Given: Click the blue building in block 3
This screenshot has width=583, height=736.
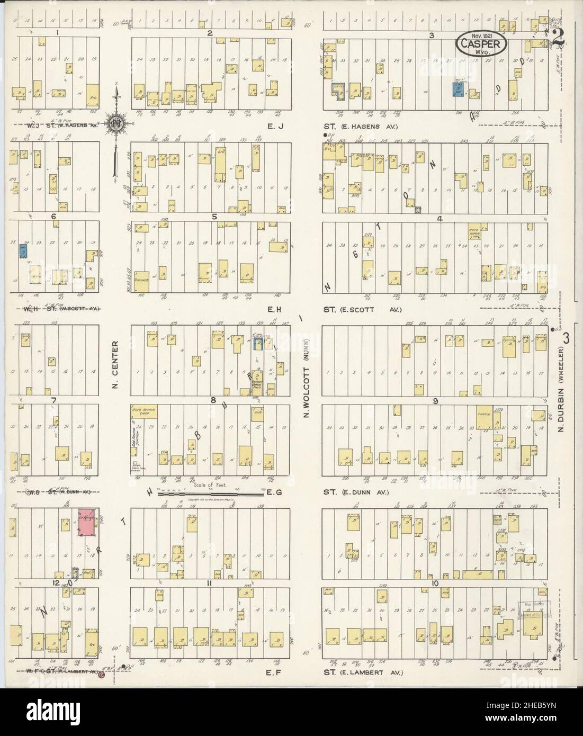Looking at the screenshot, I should tap(457, 89).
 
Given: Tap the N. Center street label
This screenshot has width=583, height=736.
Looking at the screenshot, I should tap(115, 371).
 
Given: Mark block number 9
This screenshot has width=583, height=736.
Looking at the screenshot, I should tap(435, 401).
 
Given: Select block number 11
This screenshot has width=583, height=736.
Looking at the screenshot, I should tap(210, 584).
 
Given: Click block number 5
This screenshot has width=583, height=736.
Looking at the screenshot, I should tap(214, 217).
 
